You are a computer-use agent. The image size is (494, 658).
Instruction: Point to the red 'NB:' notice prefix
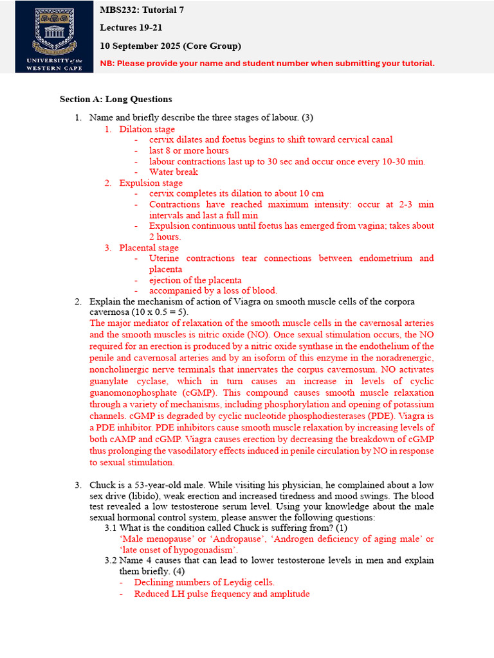pos(109,63)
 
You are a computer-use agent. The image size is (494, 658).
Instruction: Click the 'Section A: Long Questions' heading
pos(116,100)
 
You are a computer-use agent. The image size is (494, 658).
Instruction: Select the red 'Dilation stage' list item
pos(147,129)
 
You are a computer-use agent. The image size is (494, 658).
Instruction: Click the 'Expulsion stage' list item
pos(151,183)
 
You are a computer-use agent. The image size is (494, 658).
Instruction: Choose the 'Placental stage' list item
pos(149,248)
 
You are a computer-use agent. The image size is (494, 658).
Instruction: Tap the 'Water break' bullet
pos(174,172)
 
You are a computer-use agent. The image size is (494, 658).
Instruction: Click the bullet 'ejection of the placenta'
pos(196,280)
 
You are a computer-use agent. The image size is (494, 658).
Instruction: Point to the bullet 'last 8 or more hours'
pos(188,150)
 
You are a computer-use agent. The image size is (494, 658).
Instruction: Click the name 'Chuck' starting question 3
pos(102,485)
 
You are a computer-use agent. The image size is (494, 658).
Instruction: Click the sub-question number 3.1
pos(111,528)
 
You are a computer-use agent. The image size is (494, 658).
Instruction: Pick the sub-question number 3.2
pos(111,560)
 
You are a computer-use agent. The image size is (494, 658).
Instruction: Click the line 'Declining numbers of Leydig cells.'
pos(205,582)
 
